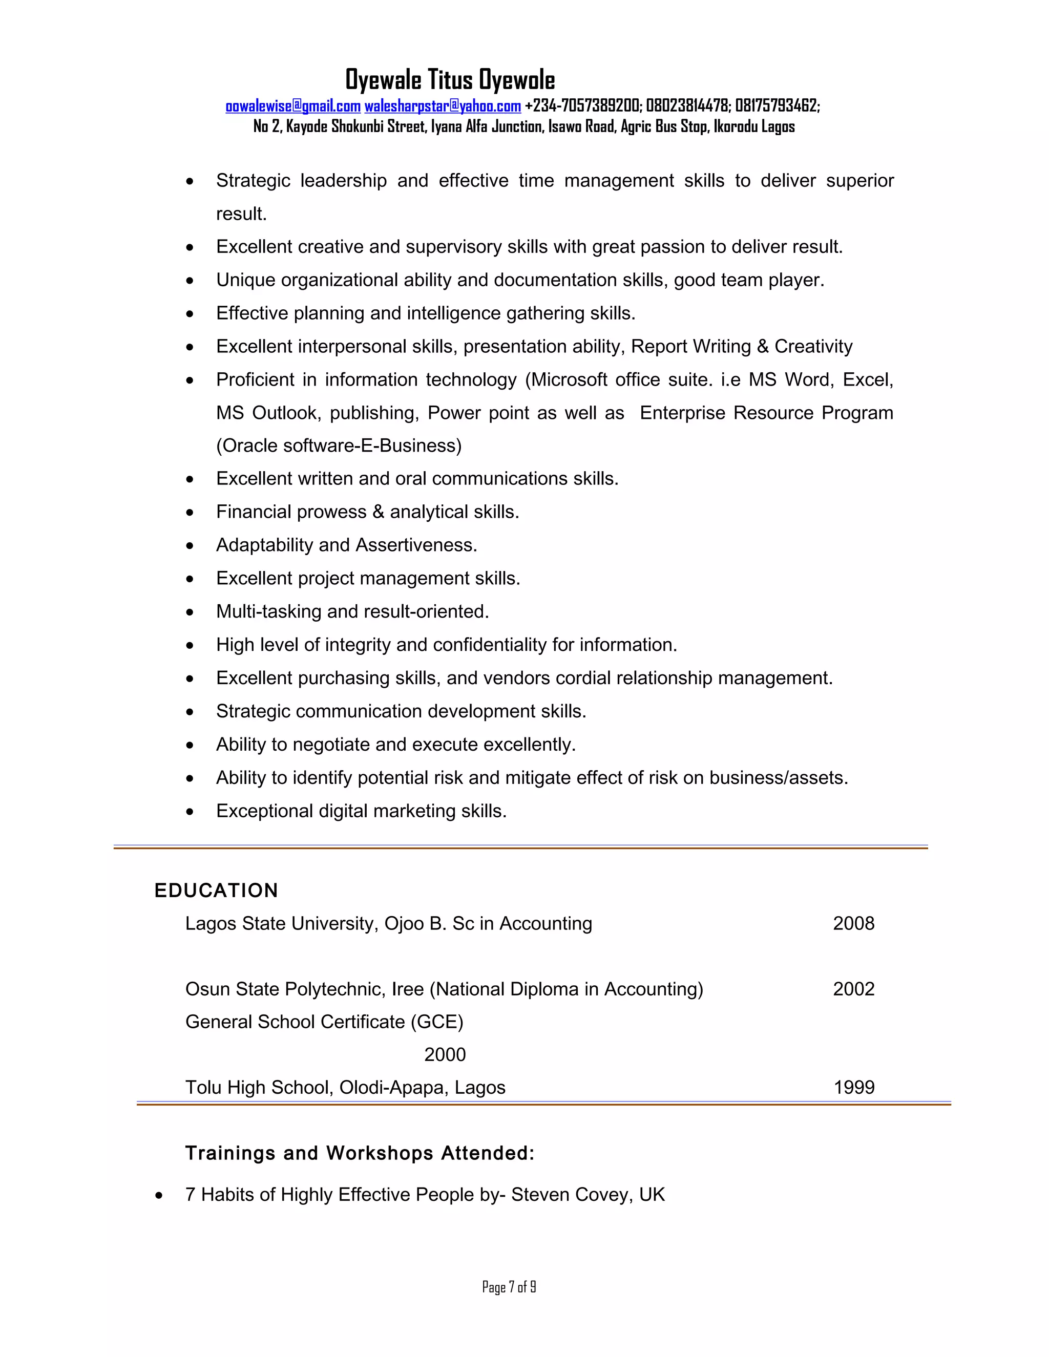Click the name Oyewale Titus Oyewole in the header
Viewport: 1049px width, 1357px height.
click(x=450, y=80)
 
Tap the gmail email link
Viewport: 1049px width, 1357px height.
click(x=292, y=106)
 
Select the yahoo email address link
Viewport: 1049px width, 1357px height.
click(x=442, y=106)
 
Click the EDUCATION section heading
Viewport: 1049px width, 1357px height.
click(x=216, y=890)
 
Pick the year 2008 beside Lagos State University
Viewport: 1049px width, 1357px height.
click(x=853, y=923)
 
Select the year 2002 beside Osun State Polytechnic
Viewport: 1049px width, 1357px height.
click(x=853, y=988)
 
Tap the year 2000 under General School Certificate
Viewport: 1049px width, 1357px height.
click(x=445, y=1054)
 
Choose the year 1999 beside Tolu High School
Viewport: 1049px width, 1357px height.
click(x=854, y=1087)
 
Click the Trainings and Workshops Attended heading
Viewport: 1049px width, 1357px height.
click(x=360, y=1153)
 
